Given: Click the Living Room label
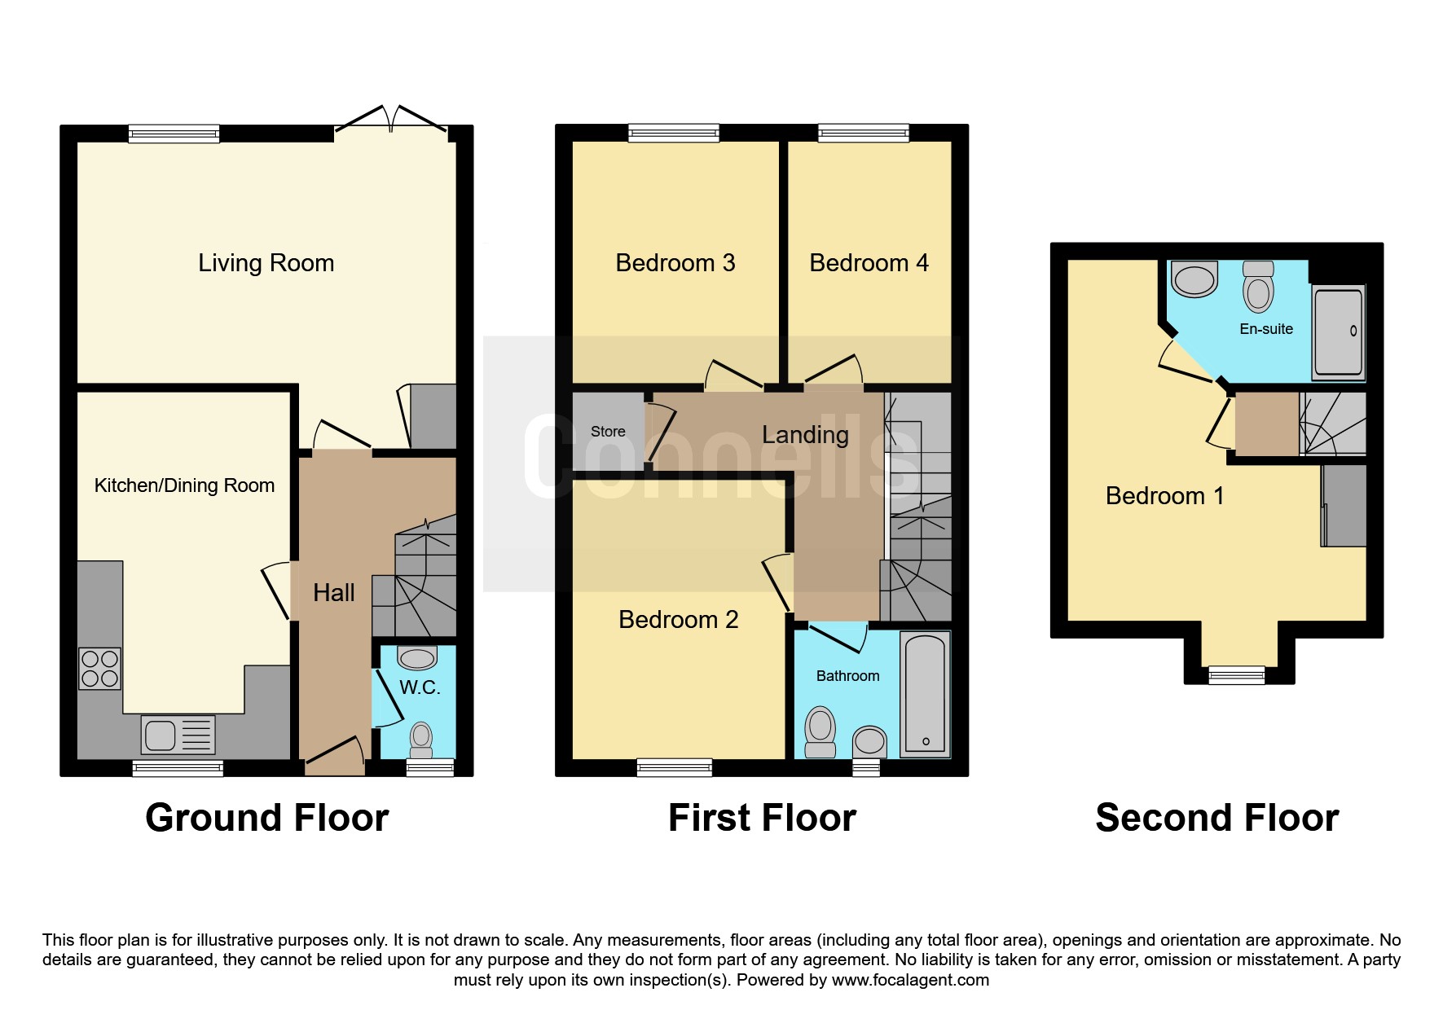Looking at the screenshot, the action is (266, 263).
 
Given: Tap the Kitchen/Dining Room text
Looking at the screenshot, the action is (184, 485).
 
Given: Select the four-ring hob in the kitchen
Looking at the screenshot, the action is (100, 669).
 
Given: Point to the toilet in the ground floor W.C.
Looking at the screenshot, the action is (421, 740).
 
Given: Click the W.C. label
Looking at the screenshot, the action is (420, 687).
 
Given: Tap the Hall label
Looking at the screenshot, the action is (334, 592).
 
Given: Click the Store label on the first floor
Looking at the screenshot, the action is (608, 432).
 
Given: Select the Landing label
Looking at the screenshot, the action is (805, 435).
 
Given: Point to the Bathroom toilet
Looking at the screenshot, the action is (820, 731).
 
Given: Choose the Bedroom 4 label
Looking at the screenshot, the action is (869, 263).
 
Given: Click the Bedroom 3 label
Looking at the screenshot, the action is (675, 263).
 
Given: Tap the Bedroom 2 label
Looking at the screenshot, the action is (679, 620).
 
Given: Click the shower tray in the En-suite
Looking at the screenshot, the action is (1338, 332).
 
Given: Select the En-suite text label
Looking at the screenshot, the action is (1266, 329).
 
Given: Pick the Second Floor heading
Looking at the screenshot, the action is (1217, 818).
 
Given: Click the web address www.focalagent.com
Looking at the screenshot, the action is (910, 980).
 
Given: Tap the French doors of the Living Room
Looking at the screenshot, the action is (391, 121).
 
